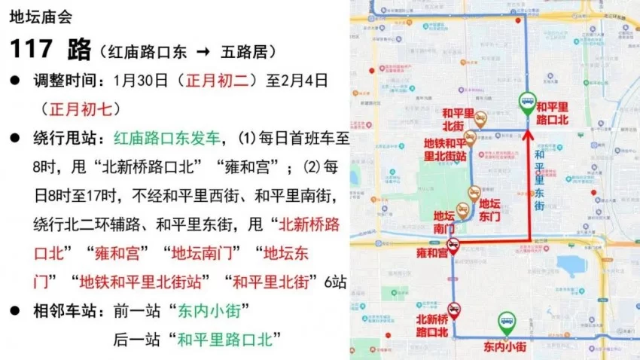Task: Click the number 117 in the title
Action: [32, 50]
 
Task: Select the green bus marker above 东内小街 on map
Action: [508, 325]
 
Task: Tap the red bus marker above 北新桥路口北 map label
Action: [454, 309]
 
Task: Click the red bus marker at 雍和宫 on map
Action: [453, 245]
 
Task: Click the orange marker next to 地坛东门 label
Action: [474, 194]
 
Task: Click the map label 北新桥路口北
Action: [432, 325]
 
